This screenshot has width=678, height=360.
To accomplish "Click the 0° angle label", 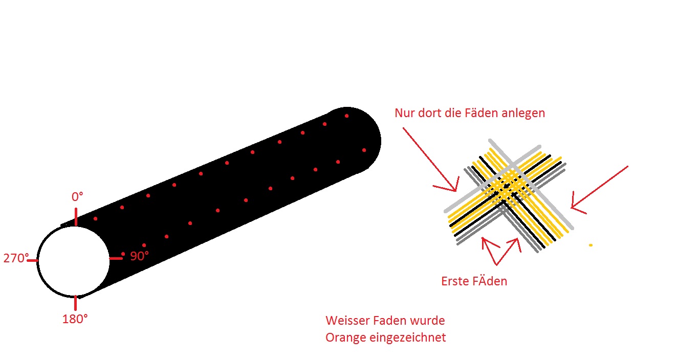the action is [77, 197].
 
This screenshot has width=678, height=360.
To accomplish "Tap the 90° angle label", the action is [140, 256].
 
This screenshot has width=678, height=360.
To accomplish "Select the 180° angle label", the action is [75, 319].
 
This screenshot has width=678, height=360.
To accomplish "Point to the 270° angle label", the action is [16, 258].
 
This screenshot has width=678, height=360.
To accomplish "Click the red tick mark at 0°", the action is [76, 217].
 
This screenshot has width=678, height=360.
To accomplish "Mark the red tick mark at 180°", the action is [75, 303].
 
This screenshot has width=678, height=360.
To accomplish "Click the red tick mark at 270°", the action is [32, 260].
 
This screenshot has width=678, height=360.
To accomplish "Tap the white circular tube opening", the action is [74, 261].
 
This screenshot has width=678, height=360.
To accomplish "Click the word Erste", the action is [453, 281].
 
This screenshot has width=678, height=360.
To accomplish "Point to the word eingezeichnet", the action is [408, 338].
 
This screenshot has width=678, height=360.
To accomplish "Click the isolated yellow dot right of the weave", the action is [590, 245].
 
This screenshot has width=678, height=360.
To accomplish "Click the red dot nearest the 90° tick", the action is [123, 254].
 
